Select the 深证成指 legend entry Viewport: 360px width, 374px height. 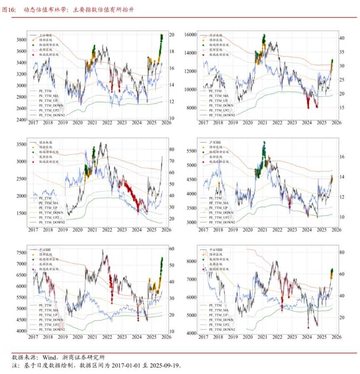215,35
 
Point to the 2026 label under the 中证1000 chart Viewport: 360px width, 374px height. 336,336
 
